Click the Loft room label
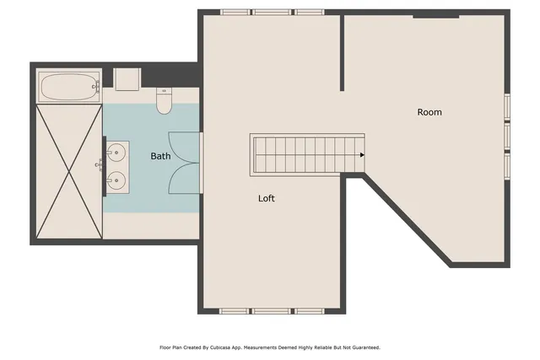point(267,199)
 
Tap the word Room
point(429,112)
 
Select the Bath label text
point(160,156)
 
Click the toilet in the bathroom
point(165,102)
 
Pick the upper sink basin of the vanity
point(117,152)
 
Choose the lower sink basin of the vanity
point(117,179)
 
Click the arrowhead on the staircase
point(362,155)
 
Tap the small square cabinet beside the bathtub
point(127,79)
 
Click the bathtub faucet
point(96,86)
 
